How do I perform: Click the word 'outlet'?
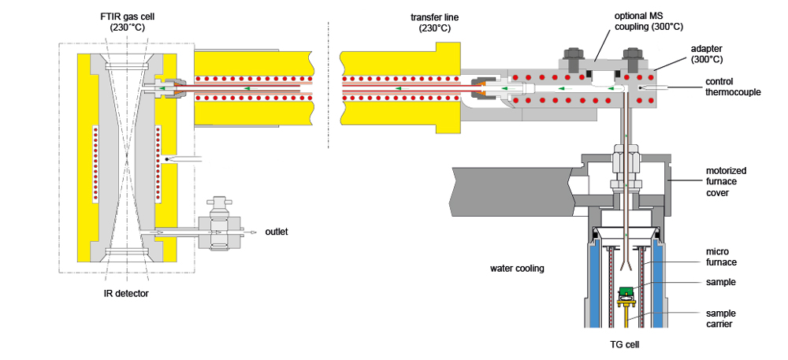coord(277,232)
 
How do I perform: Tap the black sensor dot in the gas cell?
coord(166,161)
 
